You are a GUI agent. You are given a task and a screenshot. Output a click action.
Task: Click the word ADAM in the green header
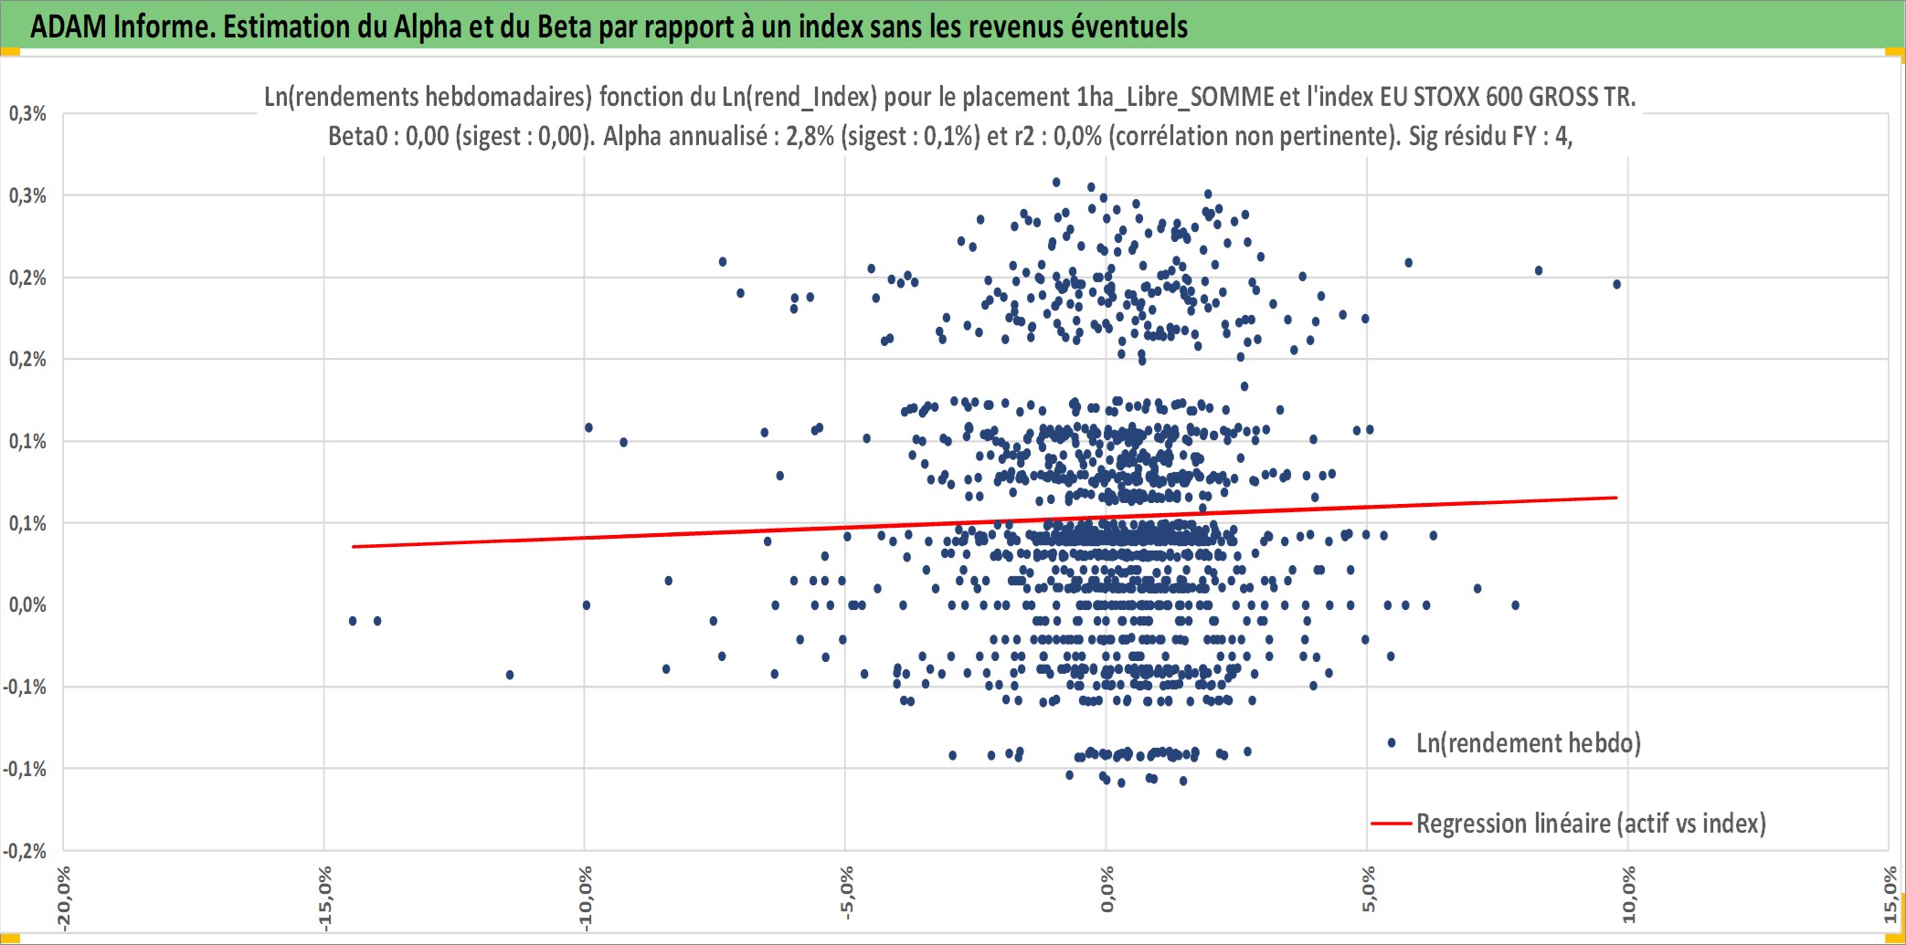tap(69, 26)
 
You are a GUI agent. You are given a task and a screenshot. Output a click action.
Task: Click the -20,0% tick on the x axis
tap(63, 898)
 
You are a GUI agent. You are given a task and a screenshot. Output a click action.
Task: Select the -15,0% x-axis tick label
tap(324, 898)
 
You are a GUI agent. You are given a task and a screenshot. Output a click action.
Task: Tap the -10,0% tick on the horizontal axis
tap(586, 898)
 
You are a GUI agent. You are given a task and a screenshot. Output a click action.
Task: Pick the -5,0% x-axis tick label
tap(847, 893)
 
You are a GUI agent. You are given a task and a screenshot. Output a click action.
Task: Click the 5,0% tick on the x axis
tap(1368, 890)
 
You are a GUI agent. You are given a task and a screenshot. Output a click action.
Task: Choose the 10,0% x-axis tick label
tap(1629, 895)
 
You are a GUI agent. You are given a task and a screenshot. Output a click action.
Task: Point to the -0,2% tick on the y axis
tap(25, 851)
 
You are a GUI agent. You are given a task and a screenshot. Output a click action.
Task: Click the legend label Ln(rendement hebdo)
tap(1529, 743)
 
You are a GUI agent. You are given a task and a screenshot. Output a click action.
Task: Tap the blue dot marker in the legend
tap(1392, 743)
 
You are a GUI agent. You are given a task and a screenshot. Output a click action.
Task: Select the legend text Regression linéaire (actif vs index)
tap(1591, 824)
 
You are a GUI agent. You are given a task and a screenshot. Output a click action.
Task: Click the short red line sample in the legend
tap(1392, 824)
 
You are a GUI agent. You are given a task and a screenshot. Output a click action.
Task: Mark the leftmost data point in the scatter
tap(353, 621)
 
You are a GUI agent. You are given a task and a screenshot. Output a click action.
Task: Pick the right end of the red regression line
tap(1617, 498)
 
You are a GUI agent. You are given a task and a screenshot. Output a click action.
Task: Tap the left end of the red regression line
tap(353, 547)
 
